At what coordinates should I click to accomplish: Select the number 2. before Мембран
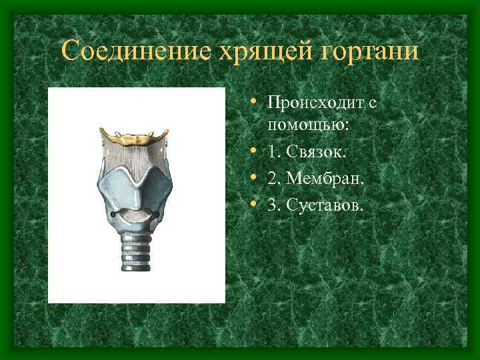click(x=273, y=179)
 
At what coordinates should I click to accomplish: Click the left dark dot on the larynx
click(x=113, y=214)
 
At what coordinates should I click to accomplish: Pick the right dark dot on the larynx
click(x=159, y=214)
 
